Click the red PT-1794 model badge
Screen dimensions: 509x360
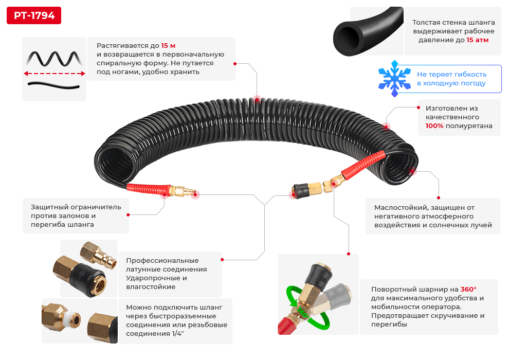point(34,15)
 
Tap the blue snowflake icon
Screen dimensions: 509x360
point(394,79)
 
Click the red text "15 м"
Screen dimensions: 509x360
point(168,45)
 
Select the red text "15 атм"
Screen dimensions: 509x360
point(478,40)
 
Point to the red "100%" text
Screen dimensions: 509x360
point(434,125)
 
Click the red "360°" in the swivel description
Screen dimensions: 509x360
point(468,289)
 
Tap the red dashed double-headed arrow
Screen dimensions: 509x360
point(54,74)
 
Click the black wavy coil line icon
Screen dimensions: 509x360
point(54,59)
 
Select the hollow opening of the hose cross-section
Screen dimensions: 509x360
point(348,38)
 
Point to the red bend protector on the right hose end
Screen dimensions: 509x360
point(363,166)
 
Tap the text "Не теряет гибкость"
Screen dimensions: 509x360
point(451,75)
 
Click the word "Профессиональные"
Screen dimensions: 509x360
point(162,260)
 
